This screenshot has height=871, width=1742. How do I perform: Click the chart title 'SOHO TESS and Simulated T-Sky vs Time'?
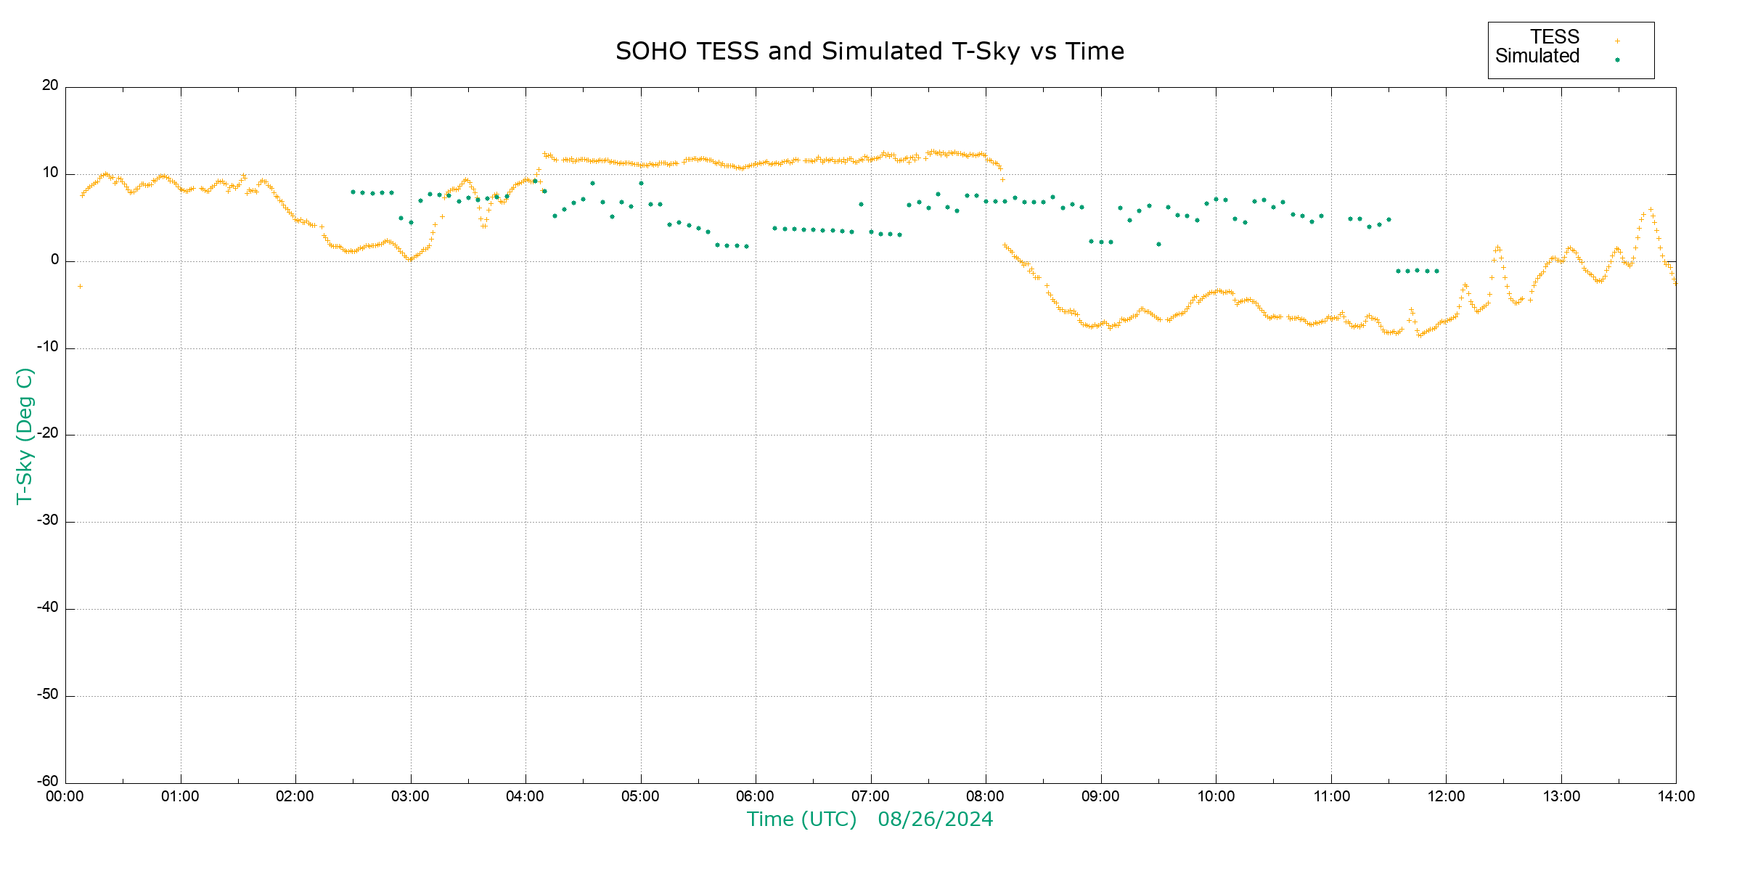pyautogui.click(x=870, y=52)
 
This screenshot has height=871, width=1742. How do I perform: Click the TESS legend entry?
pyautogui.click(x=1555, y=37)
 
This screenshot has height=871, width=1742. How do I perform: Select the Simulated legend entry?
pyautogui.click(x=1537, y=57)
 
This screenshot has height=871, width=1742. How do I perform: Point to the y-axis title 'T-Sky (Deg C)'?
pyautogui.click(x=25, y=435)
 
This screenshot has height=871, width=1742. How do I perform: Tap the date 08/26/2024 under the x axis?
pyautogui.click(x=935, y=819)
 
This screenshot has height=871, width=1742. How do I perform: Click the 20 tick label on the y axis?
pyautogui.click(x=50, y=86)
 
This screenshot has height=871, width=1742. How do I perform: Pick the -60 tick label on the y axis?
pyautogui.click(x=48, y=782)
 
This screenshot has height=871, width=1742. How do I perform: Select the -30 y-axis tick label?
pyautogui.click(x=48, y=521)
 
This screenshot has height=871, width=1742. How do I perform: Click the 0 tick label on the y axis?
pyautogui.click(x=54, y=260)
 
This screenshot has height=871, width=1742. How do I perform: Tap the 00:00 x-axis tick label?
pyautogui.click(x=65, y=797)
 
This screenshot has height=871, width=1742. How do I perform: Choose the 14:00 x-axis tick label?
pyautogui.click(x=1676, y=797)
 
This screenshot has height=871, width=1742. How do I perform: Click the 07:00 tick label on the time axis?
pyautogui.click(x=870, y=797)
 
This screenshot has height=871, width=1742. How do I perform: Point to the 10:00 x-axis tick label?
pyautogui.click(x=1216, y=797)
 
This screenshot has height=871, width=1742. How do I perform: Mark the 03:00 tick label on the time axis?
pyautogui.click(x=410, y=797)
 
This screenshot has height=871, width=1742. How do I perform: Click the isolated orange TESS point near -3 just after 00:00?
pyautogui.click(x=80, y=287)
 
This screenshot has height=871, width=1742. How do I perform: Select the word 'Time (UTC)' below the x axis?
pyautogui.click(x=801, y=819)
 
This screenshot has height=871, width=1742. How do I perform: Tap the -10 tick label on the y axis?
pyautogui.click(x=48, y=347)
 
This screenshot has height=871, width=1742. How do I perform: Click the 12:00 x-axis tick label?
pyautogui.click(x=1446, y=797)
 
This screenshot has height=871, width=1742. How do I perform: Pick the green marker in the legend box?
pyautogui.click(x=1617, y=60)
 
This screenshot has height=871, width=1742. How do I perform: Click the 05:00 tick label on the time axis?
pyautogui.click(x=640, y=797)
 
